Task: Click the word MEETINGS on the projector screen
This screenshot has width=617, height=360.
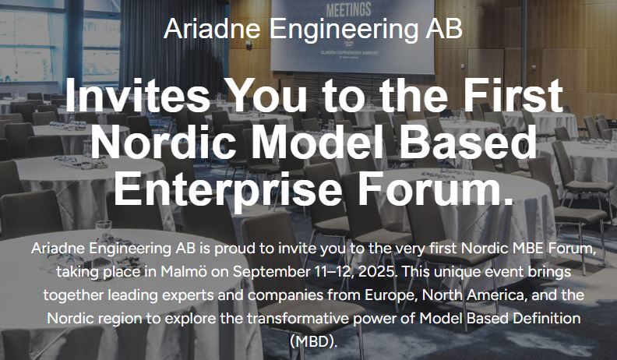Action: point(349,10)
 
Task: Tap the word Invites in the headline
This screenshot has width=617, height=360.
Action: point(137,96)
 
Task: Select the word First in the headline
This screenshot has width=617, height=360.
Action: point(513,96)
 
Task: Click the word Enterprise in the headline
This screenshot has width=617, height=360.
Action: point(227,188)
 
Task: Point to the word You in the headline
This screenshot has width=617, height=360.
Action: point(267,96)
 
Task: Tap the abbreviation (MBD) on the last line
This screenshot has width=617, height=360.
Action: point(314,341)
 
